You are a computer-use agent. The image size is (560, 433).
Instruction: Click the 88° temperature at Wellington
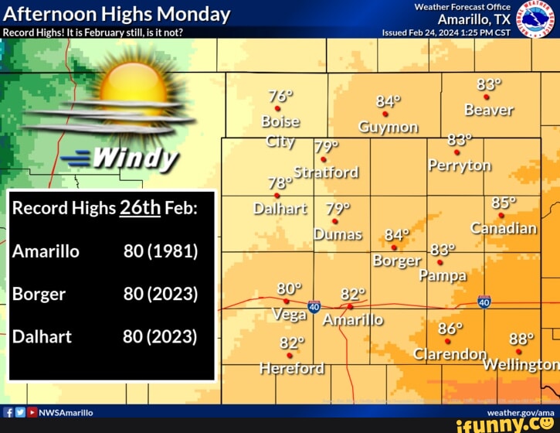tap(521, 339)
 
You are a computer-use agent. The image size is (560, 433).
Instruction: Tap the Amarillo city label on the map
tap(352, 320)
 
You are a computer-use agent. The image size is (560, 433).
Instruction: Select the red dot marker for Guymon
tap(385, 114)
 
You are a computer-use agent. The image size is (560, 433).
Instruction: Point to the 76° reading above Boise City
tap(280, 97)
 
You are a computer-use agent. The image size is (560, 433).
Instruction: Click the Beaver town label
tap(488, 111)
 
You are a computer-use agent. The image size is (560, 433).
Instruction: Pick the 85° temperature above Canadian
tap(504, 203)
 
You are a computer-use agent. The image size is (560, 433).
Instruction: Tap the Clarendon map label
tap(450, 354)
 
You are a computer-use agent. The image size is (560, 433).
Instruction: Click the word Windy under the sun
tap(135, 159)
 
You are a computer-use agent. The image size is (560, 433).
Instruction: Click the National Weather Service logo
tap(535, 19)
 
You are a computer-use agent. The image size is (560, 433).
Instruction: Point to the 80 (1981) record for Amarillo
tap(161, 251)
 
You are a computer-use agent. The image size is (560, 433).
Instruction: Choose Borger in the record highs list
tap(39, 294)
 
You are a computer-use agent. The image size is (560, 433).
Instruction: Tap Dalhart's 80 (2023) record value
tap(160, 336)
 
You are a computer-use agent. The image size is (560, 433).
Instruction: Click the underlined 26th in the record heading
tap(140, 207)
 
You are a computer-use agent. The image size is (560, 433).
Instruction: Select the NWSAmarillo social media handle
tap(66, 413)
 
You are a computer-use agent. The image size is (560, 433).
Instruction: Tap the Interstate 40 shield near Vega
tap(314, 307)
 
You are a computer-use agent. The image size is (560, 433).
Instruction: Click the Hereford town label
tap(292, 368)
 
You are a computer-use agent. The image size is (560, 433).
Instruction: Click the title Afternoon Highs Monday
tap(117, 14)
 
